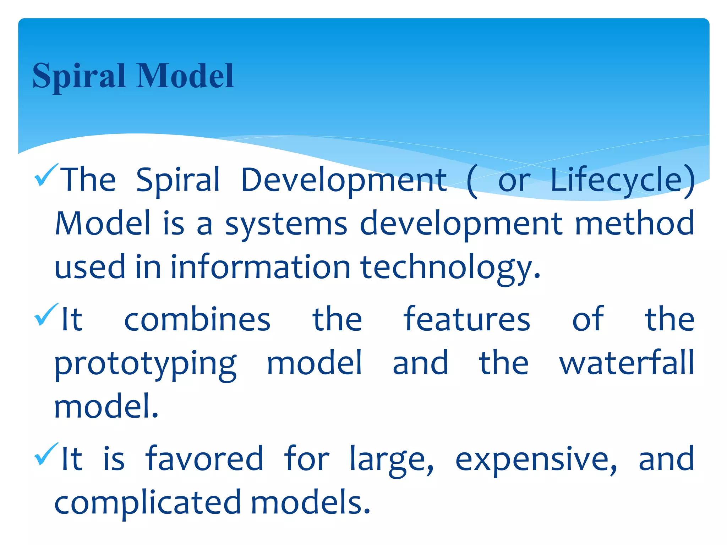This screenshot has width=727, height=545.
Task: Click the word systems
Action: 286,224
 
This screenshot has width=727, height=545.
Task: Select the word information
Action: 261,267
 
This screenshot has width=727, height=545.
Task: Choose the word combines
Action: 197,320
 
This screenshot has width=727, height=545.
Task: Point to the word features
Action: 467,319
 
